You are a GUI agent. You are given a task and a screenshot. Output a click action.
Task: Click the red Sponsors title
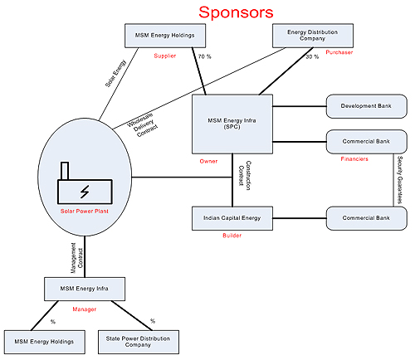pos(236,12)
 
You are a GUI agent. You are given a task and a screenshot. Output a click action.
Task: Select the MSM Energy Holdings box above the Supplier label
pos(165,36)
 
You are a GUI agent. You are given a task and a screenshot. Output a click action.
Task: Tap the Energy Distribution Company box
pos(313,36)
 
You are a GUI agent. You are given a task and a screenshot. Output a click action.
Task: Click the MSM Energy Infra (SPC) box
pos(232,124)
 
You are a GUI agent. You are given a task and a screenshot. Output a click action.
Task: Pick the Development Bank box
pos(367,106)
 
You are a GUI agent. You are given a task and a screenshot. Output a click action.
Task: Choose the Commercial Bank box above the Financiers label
pos(367,142)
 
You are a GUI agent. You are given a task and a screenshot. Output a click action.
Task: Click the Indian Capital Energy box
pos(232,218)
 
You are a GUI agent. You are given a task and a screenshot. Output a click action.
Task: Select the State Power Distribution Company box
pos(139,342)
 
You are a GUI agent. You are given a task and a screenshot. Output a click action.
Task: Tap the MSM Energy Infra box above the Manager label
pos(85,289)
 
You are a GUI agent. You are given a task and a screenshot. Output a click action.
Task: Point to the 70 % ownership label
pos(205,56)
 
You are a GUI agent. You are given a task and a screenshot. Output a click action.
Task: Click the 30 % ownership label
pos(312,56)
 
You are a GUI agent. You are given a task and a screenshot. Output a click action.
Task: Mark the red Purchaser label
pos(339,52)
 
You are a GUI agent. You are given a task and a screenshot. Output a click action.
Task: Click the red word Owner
pos(208,161)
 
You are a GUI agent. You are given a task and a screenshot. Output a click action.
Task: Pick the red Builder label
pos(232,236)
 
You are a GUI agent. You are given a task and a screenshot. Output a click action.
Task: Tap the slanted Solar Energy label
pos(115,74)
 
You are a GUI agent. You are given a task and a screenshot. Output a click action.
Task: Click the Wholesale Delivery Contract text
pos(143,124)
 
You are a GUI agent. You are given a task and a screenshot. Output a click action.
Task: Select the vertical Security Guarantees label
pos(400,180)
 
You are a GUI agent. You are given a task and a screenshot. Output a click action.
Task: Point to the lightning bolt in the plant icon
pos(85,192)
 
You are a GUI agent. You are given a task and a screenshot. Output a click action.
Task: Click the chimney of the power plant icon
pos(65,171)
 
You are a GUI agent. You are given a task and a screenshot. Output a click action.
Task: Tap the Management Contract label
pos(77,258)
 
